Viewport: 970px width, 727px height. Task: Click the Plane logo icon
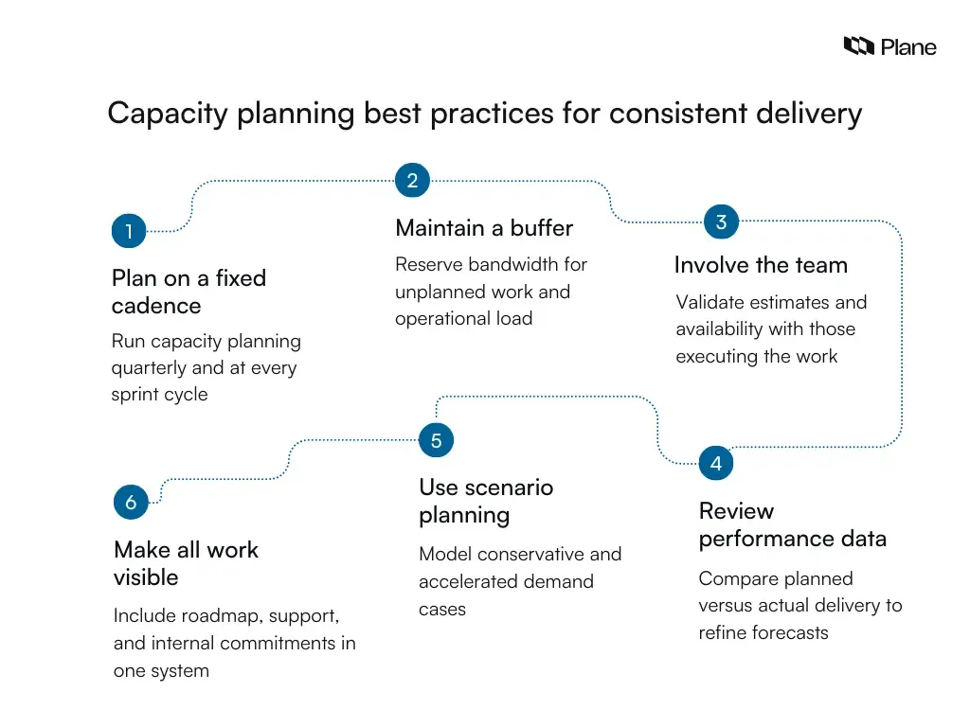858,45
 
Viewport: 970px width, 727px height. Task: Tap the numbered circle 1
129,231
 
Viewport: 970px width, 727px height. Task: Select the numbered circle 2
412,181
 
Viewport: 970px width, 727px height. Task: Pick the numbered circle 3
721,222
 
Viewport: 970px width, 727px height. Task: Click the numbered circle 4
716,464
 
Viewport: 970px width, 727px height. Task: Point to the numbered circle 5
436,441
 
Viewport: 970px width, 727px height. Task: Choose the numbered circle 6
131,503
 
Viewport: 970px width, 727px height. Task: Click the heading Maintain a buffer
484,228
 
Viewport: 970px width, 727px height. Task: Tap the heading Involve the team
761,265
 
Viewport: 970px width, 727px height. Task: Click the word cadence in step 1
156,306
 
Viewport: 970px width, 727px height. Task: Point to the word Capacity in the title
169,114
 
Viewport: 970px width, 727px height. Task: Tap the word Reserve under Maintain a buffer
428,264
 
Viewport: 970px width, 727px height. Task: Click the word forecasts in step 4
789,632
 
